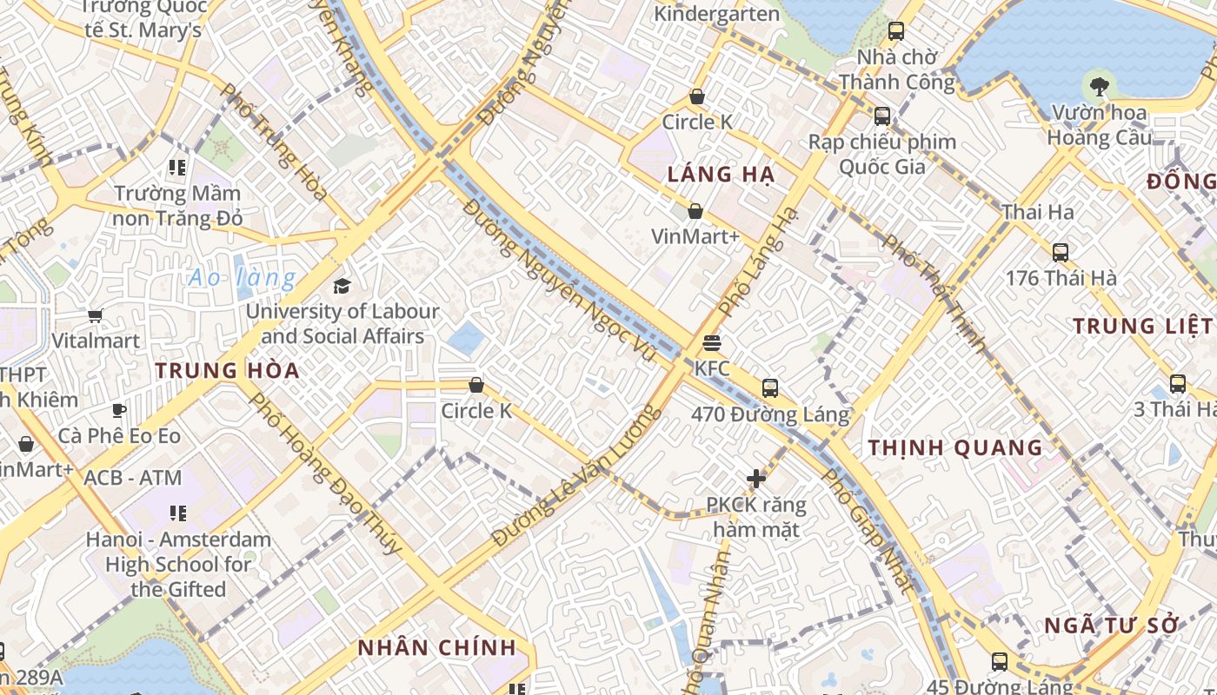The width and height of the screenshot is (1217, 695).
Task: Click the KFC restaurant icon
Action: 711,342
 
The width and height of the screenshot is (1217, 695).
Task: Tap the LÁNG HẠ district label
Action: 721,175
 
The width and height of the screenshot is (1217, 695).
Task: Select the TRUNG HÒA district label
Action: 227,370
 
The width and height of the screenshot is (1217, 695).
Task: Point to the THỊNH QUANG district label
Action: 955,448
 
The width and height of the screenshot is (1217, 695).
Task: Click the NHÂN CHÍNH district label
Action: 437,648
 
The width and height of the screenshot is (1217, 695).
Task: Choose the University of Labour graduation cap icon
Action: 342,286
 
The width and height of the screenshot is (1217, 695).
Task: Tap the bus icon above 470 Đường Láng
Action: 769,387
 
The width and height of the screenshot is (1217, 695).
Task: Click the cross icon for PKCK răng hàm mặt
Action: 756,478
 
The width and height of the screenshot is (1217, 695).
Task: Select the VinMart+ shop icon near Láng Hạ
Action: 695,211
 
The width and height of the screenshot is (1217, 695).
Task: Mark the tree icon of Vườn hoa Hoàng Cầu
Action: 1099,86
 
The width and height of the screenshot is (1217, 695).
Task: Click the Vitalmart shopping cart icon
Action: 95,315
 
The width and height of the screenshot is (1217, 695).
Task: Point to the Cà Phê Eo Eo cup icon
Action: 119,410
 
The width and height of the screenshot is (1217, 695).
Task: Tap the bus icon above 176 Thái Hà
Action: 1060,253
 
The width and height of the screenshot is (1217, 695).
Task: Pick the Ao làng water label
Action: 243,279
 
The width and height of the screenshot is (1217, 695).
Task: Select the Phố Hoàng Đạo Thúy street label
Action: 325,473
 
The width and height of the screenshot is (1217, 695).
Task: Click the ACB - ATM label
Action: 132,478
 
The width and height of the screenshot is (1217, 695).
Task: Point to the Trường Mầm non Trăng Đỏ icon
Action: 177,167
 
